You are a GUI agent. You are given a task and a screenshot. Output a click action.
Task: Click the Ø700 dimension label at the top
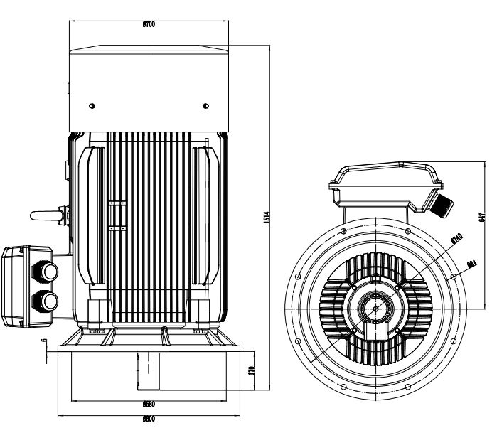point(149,24)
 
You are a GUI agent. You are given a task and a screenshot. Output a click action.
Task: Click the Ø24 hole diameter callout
point(471,264)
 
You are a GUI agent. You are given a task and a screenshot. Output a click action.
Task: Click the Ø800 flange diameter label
point(149,419)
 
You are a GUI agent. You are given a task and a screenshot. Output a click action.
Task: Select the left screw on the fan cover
point(92,106)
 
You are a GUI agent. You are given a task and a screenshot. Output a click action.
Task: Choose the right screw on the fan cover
point(205,106)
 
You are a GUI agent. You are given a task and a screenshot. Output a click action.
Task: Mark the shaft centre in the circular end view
point(374,309)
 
